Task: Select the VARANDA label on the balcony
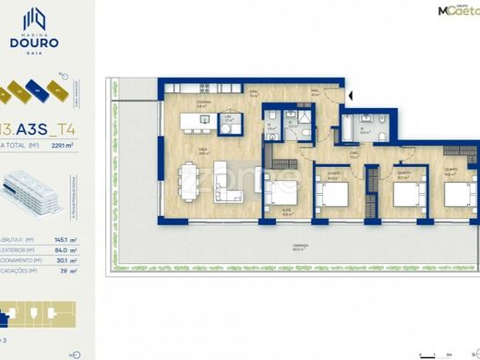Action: coord(298,246)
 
